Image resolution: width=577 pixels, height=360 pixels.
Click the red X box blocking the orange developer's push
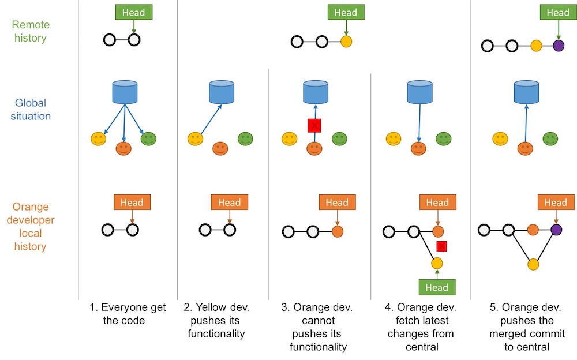tap(314, 125)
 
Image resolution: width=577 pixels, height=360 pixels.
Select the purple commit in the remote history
tap(558, 46)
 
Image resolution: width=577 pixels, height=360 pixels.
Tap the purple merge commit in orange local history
tap(556, 230)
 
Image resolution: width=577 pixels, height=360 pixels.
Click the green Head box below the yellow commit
tap(437, 287)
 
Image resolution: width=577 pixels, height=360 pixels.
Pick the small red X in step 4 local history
tap(442, 246)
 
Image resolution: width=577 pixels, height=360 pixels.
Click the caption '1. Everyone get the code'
tap(128, 314)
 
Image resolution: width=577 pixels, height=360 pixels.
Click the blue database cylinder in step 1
tap(125, 92)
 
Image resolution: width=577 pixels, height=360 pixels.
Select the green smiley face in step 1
tap(148, 138)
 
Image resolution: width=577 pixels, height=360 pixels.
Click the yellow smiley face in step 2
tap(196, 138)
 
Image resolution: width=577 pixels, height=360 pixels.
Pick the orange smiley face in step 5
tap(525, 149)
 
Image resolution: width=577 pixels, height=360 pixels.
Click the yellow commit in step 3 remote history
tap(346, 42)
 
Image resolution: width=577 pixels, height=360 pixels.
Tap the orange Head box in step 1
tap(132, 202)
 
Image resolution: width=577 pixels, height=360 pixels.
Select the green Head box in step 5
tap(558, 12)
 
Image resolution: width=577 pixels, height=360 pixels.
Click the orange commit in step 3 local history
tap(338, 232)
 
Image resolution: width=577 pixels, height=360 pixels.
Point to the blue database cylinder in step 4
tap(419, 92)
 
